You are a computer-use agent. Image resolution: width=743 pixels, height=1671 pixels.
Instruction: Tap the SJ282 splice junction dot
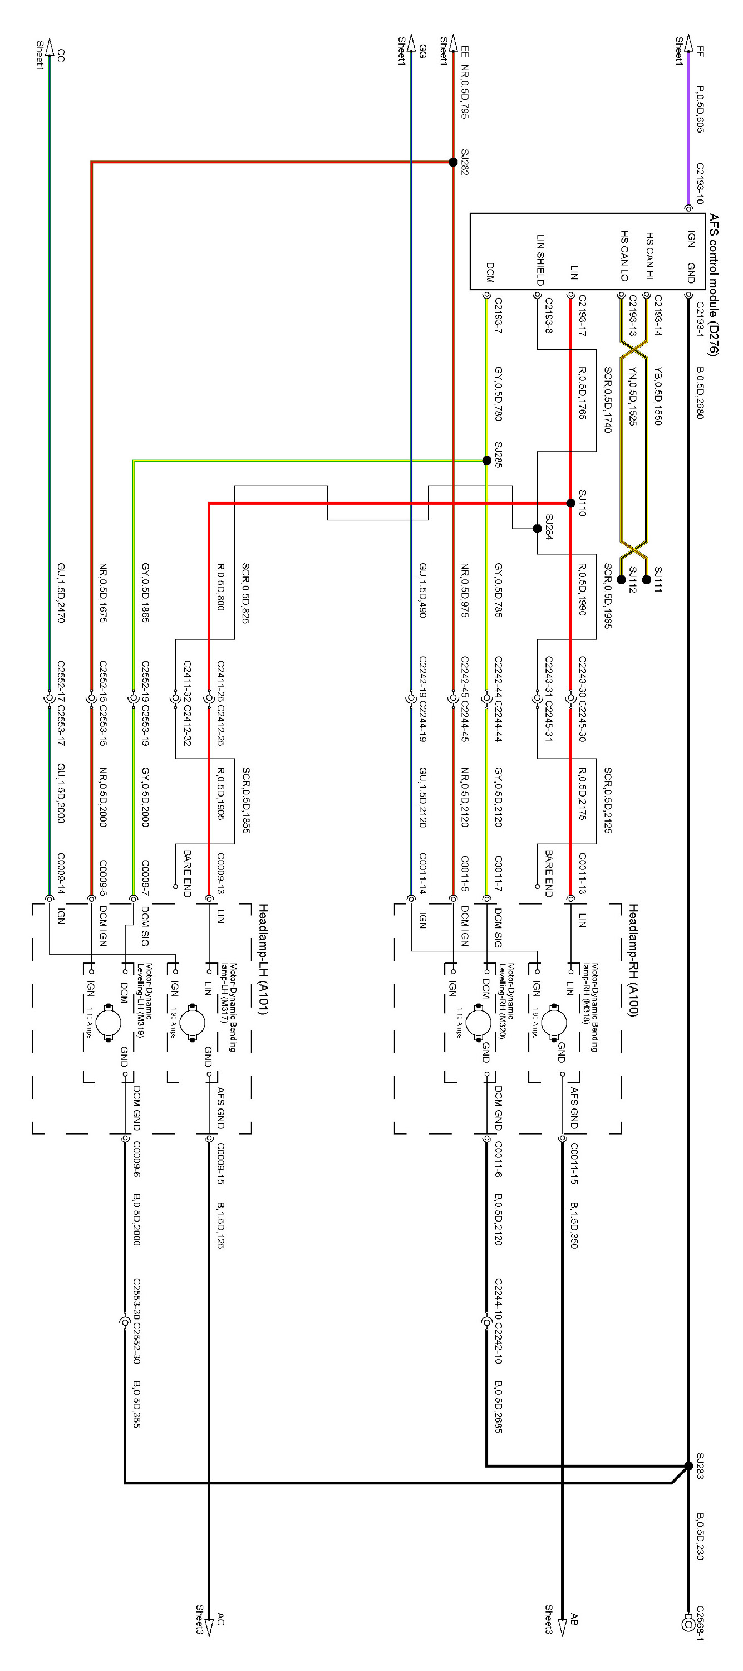453,162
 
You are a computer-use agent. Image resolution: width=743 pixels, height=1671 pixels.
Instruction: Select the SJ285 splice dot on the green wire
486,461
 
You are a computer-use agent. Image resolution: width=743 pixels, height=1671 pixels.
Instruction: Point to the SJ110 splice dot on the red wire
570,504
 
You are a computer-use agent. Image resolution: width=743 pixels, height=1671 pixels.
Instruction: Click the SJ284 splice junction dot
537,529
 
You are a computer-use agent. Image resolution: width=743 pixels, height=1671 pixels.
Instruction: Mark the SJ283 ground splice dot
688,1466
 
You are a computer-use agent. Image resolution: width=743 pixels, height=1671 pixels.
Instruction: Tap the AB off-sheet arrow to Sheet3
562,1624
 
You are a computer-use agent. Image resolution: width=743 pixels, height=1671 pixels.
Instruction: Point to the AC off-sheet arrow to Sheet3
209,1624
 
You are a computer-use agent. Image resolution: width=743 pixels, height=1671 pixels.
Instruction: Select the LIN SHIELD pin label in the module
540,260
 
